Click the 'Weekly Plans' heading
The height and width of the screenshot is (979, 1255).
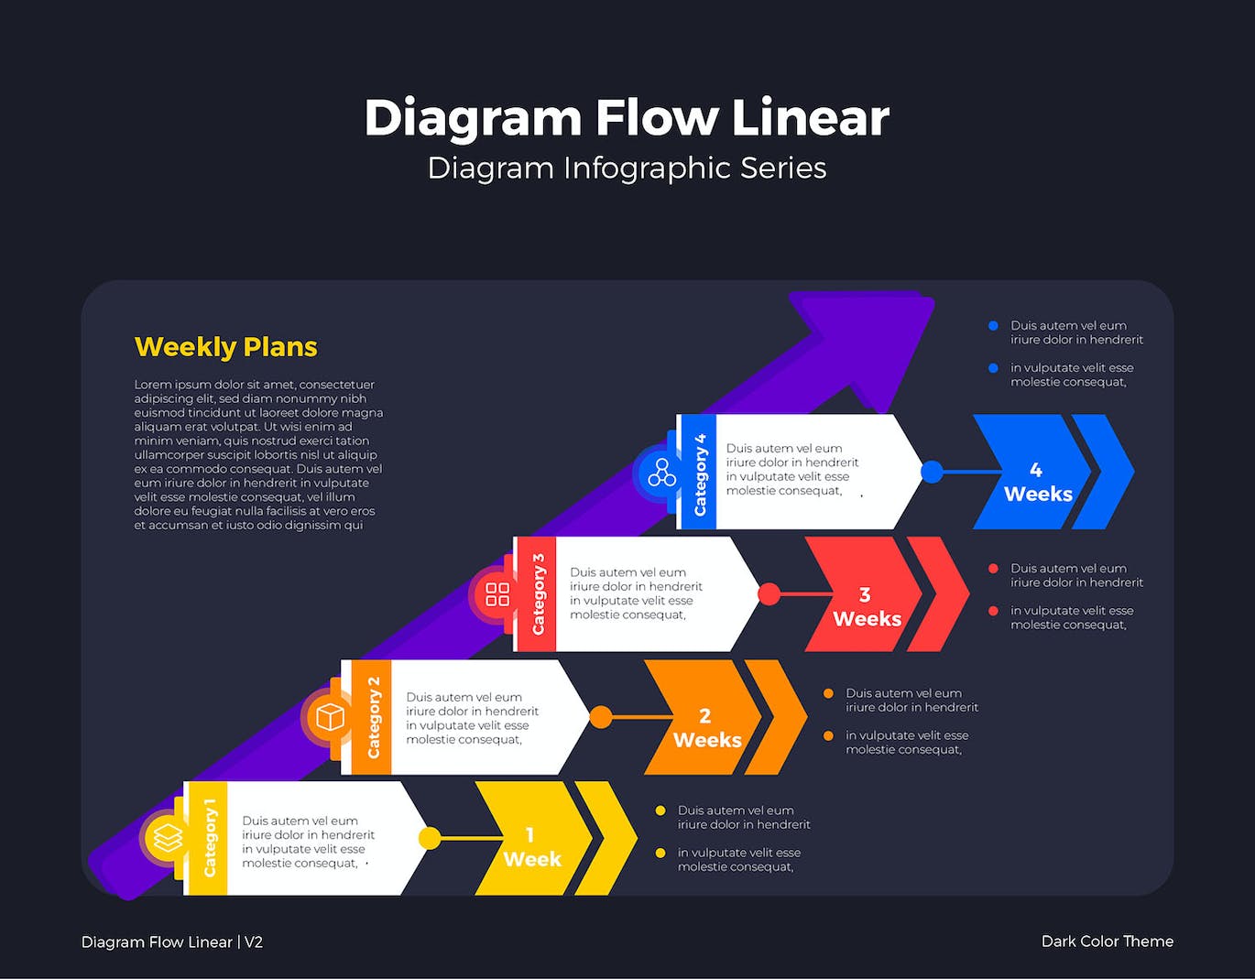(225, 347)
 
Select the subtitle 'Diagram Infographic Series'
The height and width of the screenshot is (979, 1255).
(627, 169)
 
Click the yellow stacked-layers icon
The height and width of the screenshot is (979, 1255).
(168, 838)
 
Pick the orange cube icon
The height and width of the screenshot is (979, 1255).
(330, 716)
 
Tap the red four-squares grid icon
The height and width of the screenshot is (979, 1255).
(497, 594)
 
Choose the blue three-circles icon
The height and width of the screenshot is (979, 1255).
(661, 473)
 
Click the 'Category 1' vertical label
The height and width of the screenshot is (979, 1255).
(210, 838)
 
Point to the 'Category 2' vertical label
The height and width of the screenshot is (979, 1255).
(374, 717)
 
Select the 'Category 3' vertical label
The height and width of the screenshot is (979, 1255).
(539, 594)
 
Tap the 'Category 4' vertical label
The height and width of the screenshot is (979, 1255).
(701, 473)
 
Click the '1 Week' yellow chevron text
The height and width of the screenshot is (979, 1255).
(531, 848)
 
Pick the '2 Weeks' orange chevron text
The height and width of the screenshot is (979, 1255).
(706, 729)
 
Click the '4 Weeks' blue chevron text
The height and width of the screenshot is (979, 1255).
(1037, 483)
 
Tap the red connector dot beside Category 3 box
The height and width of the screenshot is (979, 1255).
(769, 594)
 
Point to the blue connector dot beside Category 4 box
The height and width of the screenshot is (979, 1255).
(932, 472)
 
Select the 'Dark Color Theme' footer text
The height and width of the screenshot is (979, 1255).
(1107, 941)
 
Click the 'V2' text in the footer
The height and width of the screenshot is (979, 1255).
(254, 942)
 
